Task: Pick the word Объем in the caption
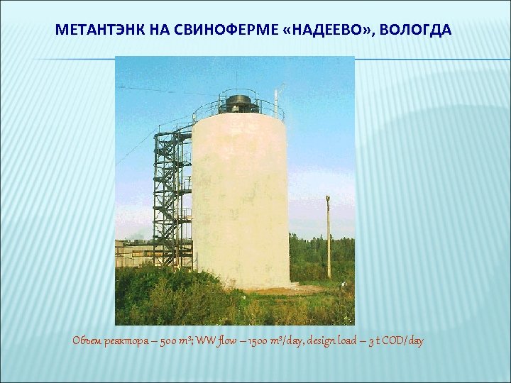tap(87, 341)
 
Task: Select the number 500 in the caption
tap(170, 341)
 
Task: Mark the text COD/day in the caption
tap(405, 341)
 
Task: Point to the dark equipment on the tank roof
tap(238, 104)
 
